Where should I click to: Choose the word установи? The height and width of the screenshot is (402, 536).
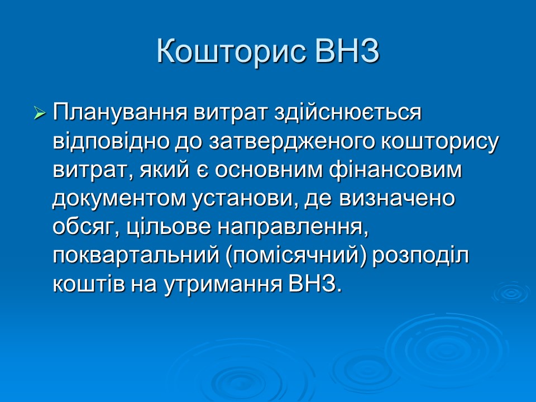tap(246, 198)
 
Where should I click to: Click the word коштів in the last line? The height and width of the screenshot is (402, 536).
tap(88, 284)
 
